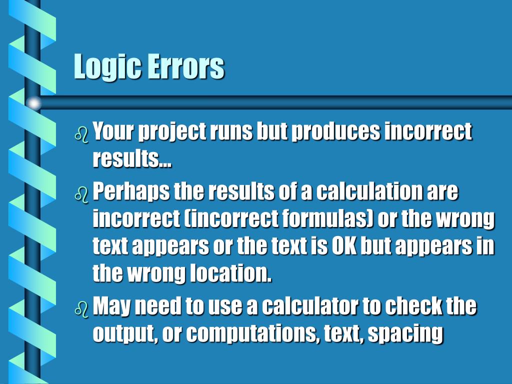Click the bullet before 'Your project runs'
pos(81,134)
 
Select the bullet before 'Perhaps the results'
pos(81,193)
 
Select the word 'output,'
pos(124,334)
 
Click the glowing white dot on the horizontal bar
pos(33,103)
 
